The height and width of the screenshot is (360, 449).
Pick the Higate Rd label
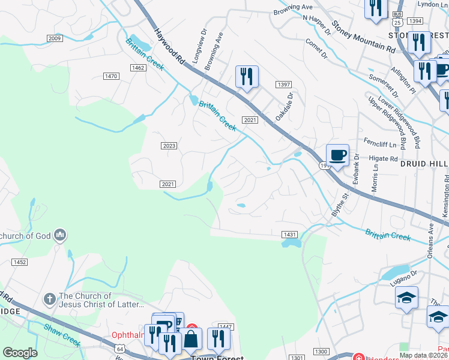point(385,159)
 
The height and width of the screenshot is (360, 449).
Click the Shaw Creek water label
point(62,335)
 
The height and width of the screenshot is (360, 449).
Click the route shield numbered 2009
point(55,38)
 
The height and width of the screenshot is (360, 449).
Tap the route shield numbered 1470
point(110,76)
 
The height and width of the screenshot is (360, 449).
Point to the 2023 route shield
point(169,146)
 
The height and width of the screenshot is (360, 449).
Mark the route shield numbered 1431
point(289,233)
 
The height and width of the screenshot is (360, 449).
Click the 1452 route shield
point(20,262)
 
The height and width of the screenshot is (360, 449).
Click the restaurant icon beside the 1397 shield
point(247,77)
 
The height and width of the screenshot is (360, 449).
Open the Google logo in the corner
point(20,352)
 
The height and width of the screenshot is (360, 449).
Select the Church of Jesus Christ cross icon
point(50,298)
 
